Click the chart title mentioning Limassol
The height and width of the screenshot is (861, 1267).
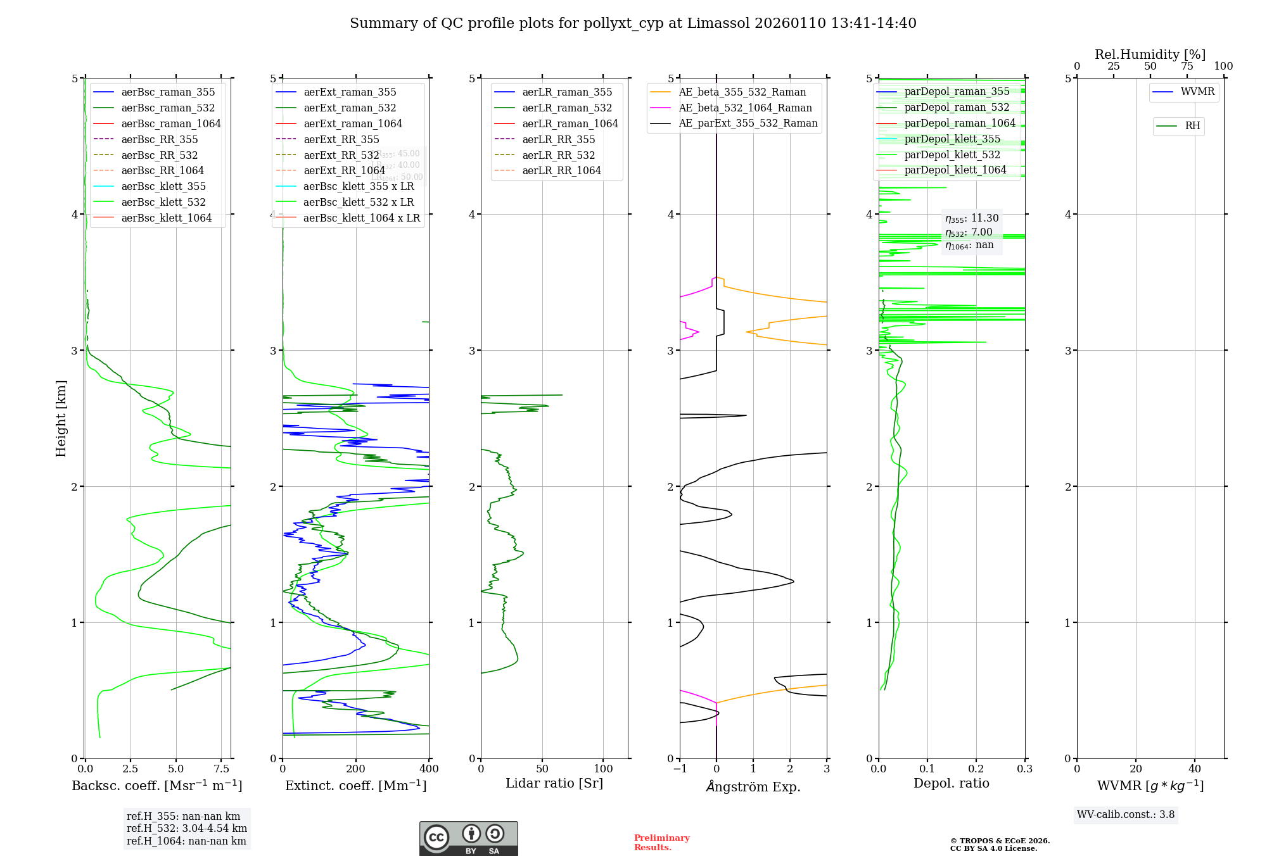pos(633,23)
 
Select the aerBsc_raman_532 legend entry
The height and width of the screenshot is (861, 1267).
pos(168,108)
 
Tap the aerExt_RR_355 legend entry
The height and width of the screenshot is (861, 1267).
pos(341,139)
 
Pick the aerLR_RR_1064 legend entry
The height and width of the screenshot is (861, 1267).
pos(561,171)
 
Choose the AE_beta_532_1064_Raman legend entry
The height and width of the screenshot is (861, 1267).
pos(745,108)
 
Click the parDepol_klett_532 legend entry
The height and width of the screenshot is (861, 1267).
pos(952,155)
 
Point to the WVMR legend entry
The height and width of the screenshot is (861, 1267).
pos(1197,92)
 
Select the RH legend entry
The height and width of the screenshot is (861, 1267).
pos(1192,126)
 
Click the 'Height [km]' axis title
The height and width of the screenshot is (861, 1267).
pos(61,418)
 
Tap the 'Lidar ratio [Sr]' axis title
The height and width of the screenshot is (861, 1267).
pos(554,784)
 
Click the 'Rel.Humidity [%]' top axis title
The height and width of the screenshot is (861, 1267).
pos(1150,54)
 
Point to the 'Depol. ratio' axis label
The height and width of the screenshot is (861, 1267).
pos(951,784)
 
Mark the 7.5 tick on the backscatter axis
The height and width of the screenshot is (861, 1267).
pos(222,769)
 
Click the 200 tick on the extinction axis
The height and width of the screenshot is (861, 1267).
pos(356,769)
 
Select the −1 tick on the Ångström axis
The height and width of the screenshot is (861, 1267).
pos(680,769)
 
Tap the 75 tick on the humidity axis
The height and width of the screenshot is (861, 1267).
pos(1187,66)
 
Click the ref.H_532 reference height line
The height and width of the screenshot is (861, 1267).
pos(186,829)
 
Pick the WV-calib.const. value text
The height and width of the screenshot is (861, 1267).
pos(1125,815)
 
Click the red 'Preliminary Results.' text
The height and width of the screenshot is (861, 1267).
pos(661,843)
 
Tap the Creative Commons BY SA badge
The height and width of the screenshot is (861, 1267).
pos(468,838)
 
